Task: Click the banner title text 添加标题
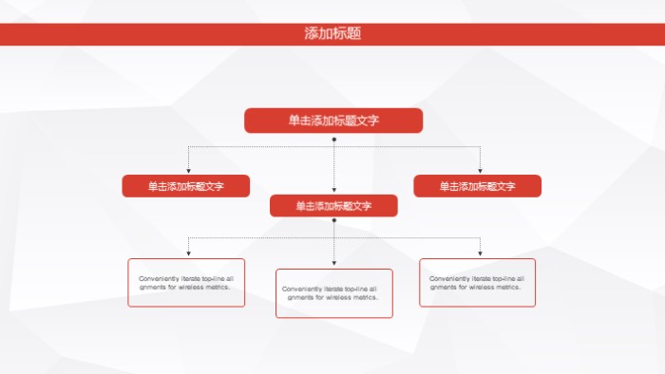(x=332, y=34)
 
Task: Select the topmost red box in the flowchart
(x=333, y=121)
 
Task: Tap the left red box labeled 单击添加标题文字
(x=186, y=186)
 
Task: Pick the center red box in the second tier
(x=333, y=206)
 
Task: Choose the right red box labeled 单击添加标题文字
(x=478, y=186)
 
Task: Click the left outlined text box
(x=186, y=283)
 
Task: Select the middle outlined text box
(x=333, y=293)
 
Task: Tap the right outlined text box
(x=478, y=283)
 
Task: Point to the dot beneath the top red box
(x=333, y=139)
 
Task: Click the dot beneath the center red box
(x=333, y=221)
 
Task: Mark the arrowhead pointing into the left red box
(x=188, y=171)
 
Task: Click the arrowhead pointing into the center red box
(x=333, y=191)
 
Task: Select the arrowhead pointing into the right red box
(x=480, y=171)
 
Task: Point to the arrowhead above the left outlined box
(x=188, y=253)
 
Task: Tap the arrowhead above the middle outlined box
(x=333, y=263)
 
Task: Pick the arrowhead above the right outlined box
(x=480, y=253)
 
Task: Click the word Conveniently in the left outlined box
(x=153, y=278)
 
